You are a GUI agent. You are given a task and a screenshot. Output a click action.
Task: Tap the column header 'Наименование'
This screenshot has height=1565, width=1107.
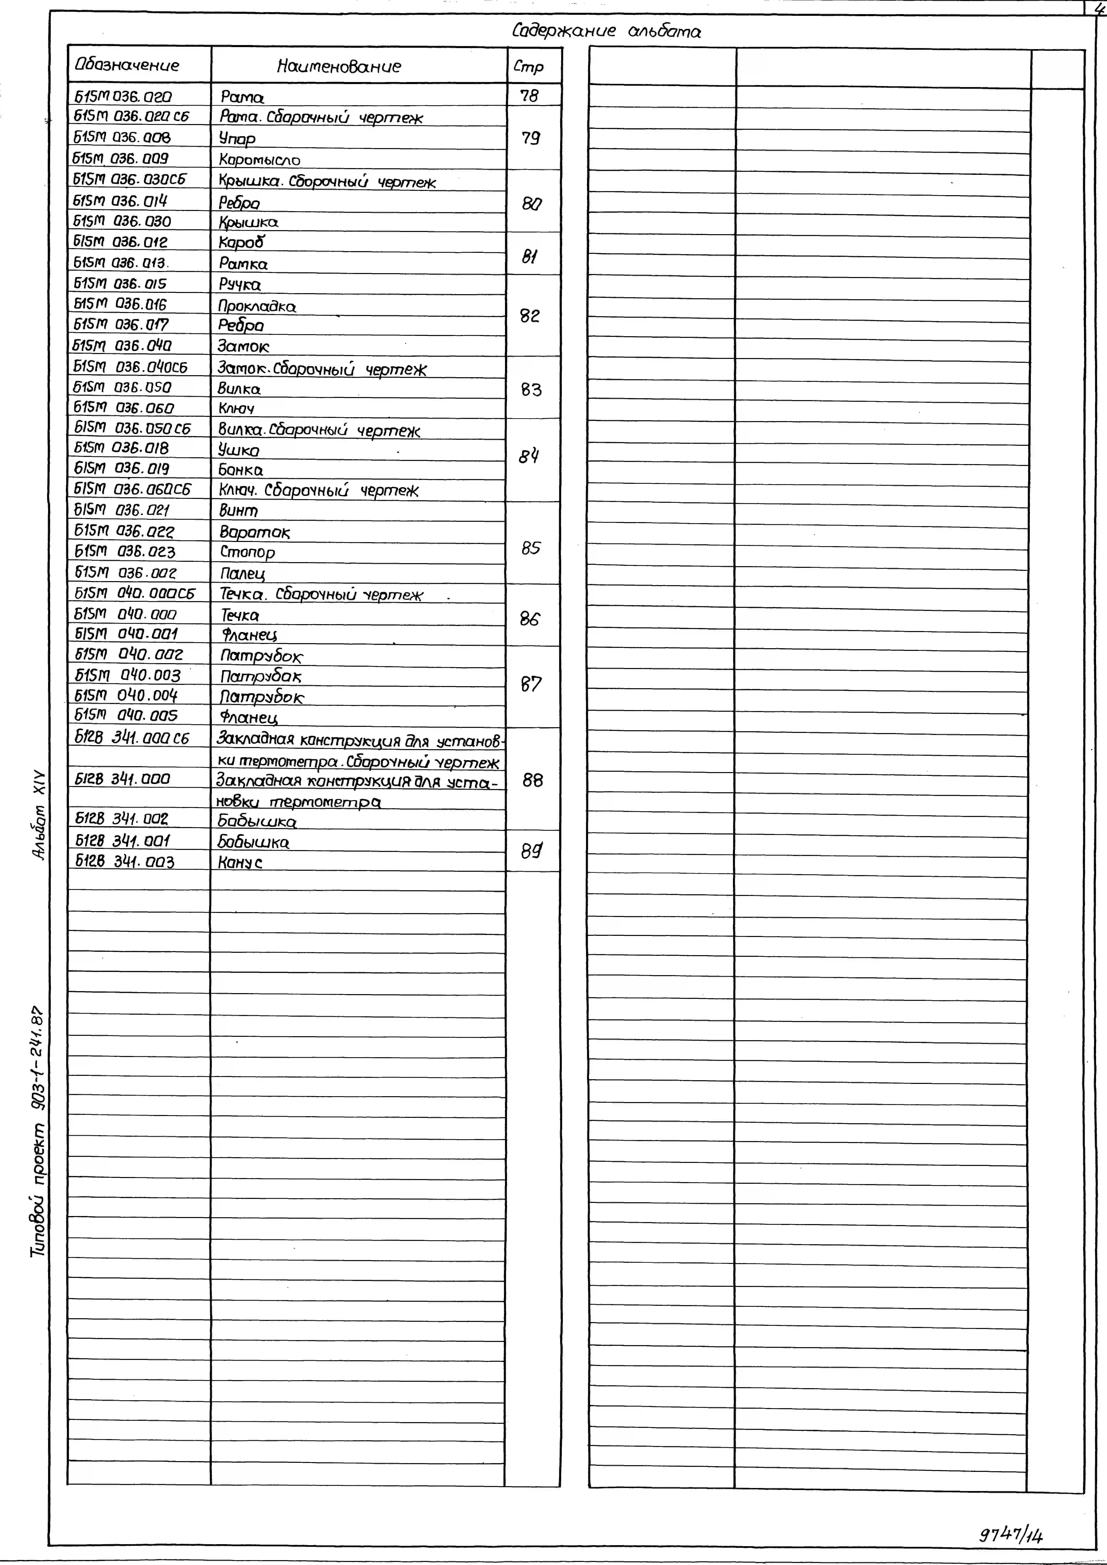click(339, 66)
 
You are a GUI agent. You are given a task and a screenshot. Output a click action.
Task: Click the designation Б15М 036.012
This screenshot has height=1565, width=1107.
click(121, 242)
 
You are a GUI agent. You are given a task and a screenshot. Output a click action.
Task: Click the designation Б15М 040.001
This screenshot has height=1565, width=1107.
click(126, 633)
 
